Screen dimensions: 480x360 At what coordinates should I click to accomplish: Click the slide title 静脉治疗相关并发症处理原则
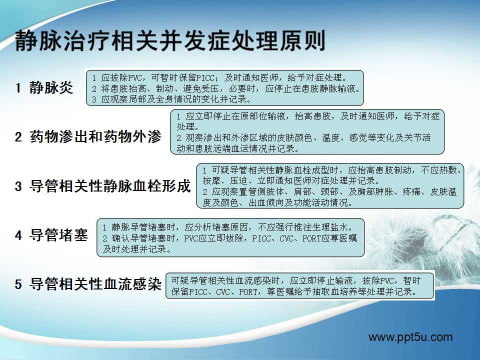click(170, 40)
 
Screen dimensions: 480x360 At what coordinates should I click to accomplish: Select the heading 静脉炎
click(51, 88)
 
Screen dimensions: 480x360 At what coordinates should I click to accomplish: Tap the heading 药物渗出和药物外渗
click(95, 136)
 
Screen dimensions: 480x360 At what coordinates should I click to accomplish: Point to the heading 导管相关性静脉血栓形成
click(110, 186)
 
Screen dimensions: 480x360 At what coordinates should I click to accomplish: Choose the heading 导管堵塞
click(58, 235)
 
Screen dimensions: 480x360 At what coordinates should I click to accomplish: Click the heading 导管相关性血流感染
click(95, 284)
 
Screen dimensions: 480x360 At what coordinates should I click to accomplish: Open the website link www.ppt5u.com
click(410, 337)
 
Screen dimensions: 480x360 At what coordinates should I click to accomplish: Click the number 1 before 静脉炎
click(18, 88)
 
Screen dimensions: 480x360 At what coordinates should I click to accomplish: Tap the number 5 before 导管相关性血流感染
click(18, 284)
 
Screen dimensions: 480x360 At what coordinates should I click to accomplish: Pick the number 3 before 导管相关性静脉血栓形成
click(18, 186)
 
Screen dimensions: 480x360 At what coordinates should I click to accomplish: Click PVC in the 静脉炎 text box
click(135, 78)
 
